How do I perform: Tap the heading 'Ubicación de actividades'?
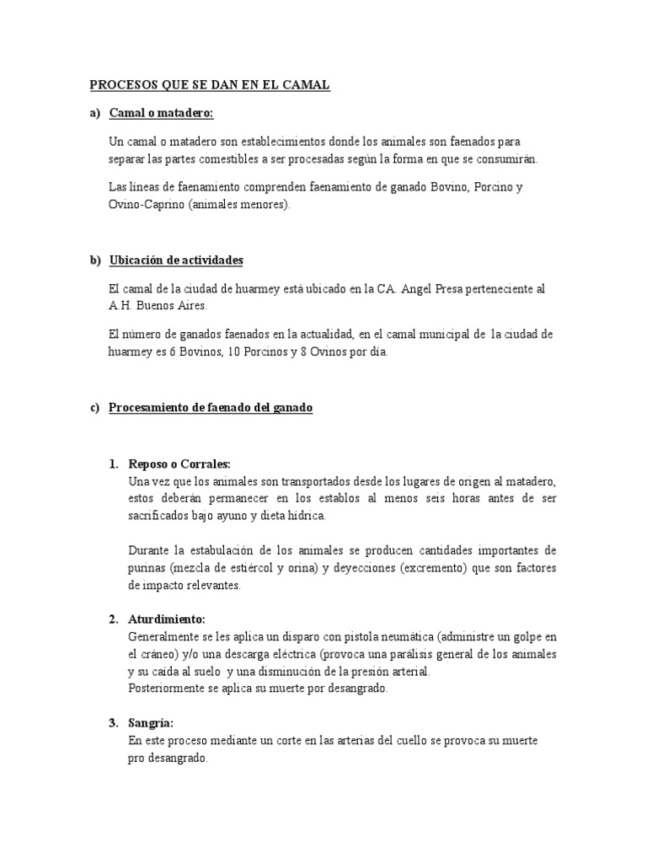point(176,260)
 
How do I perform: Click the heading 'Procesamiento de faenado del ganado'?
point(211,408)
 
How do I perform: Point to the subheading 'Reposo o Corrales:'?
point(179,464)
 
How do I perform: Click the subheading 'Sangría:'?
point(151,723)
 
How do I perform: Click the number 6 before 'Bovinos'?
point(172,351)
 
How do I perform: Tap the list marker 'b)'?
point(95,260)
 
